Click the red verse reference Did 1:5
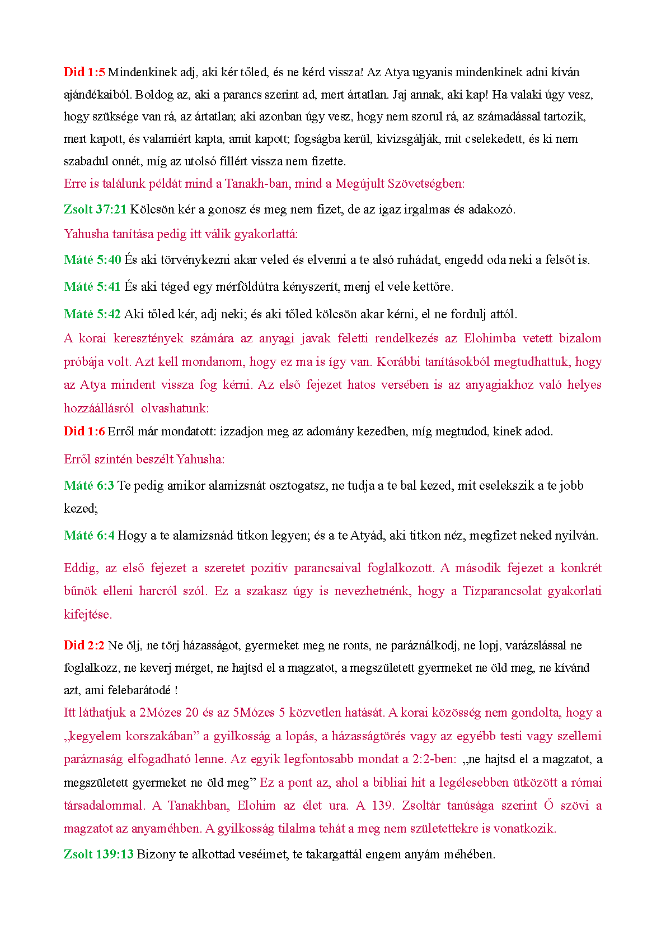coord(84,72)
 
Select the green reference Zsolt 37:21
coord(95,210)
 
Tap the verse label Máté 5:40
coord(92,260)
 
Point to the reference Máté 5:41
coord(92,287)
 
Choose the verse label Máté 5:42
coord(92,314)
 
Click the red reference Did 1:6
coord(84,431)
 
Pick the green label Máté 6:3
coord(88,486)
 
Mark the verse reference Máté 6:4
coord(88,536)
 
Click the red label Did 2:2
coord(84,645)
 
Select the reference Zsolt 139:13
coord(99,854)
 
